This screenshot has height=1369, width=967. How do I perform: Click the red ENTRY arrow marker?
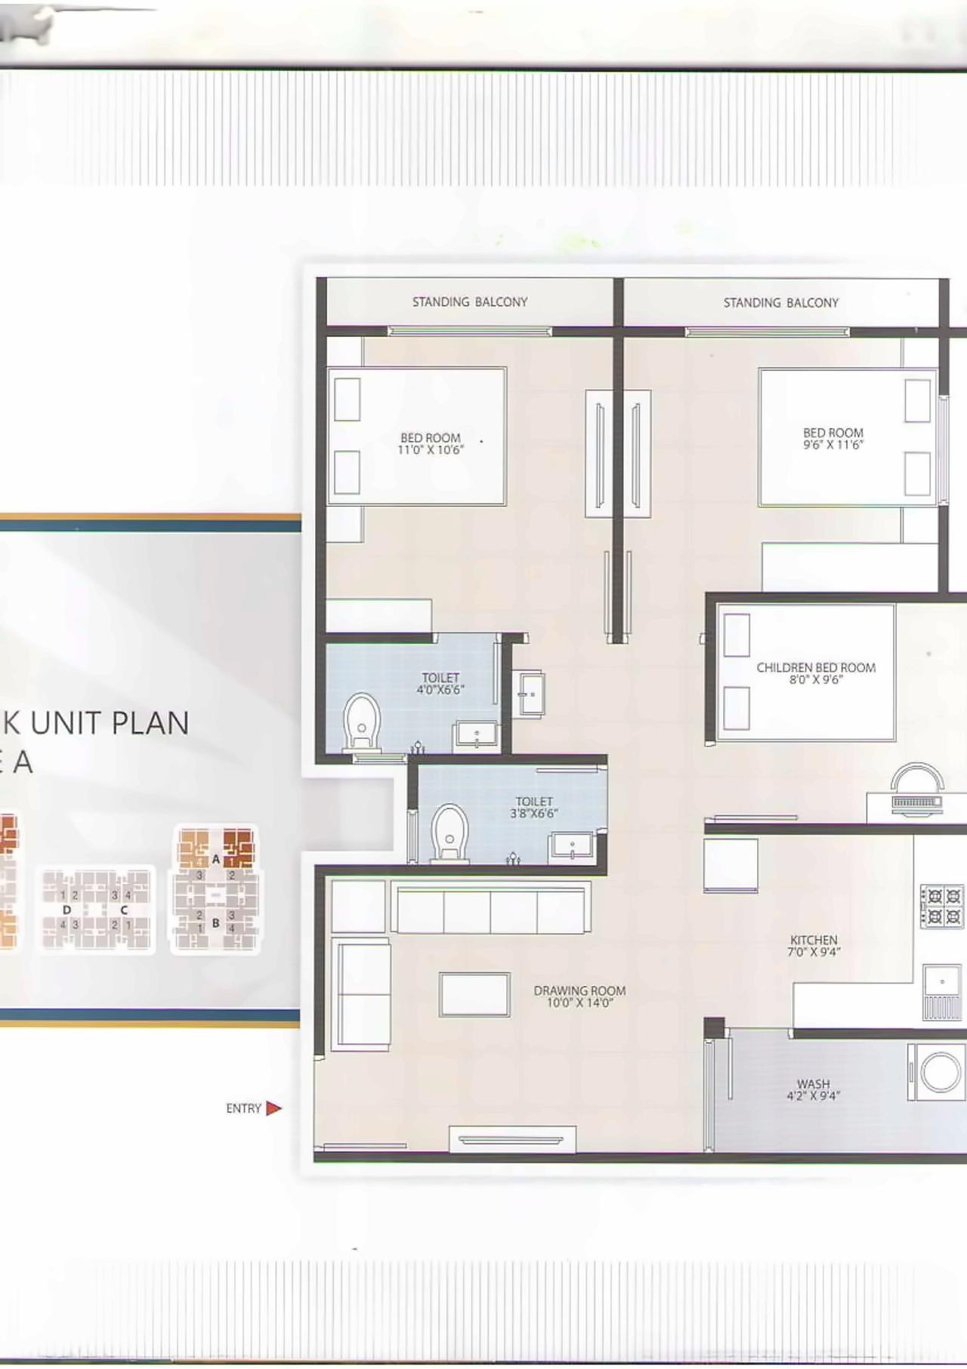(x=273, y=1108)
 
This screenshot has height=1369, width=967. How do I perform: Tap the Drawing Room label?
(x=579, y=990)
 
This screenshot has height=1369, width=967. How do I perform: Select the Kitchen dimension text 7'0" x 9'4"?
(x=814, y=953)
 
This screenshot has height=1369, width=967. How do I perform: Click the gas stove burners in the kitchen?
(x=942, y=907)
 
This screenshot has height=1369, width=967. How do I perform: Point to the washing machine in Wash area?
(x=939, y=1071)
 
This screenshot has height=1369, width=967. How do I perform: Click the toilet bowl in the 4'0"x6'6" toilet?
(x=362, y=724)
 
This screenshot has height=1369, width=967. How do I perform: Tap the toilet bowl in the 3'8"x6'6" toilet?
(x=450, y=833)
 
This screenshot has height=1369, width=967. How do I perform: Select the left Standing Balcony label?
(x=470, y=302)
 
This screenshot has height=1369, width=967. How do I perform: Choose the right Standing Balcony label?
(x=781, y=303)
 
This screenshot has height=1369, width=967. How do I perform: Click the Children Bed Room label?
(x=816, y=668)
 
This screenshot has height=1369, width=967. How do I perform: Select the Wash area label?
(x=814, y=1084)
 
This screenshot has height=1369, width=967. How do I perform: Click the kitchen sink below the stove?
(x=942, y=981)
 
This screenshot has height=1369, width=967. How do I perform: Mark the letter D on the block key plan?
(x=66, y=910)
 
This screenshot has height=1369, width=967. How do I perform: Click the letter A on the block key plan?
(x=216, y=859)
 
